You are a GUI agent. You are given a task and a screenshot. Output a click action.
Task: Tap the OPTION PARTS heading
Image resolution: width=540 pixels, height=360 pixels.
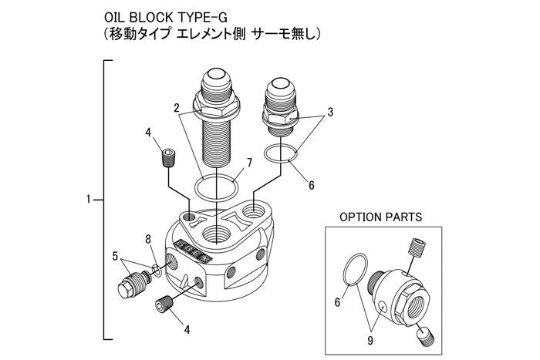(381, 218)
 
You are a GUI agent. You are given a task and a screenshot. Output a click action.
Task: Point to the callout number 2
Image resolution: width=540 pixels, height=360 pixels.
(177, 106)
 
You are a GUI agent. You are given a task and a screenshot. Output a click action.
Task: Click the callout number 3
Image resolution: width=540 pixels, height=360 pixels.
(330, 113)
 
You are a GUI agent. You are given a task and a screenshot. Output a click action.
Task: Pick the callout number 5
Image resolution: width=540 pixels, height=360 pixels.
(115, 255)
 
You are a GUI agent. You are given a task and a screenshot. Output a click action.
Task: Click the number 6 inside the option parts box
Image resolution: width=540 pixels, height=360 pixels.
(337, 302)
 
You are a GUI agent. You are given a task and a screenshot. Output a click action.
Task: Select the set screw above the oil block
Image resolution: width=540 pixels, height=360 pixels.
(168, 159)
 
